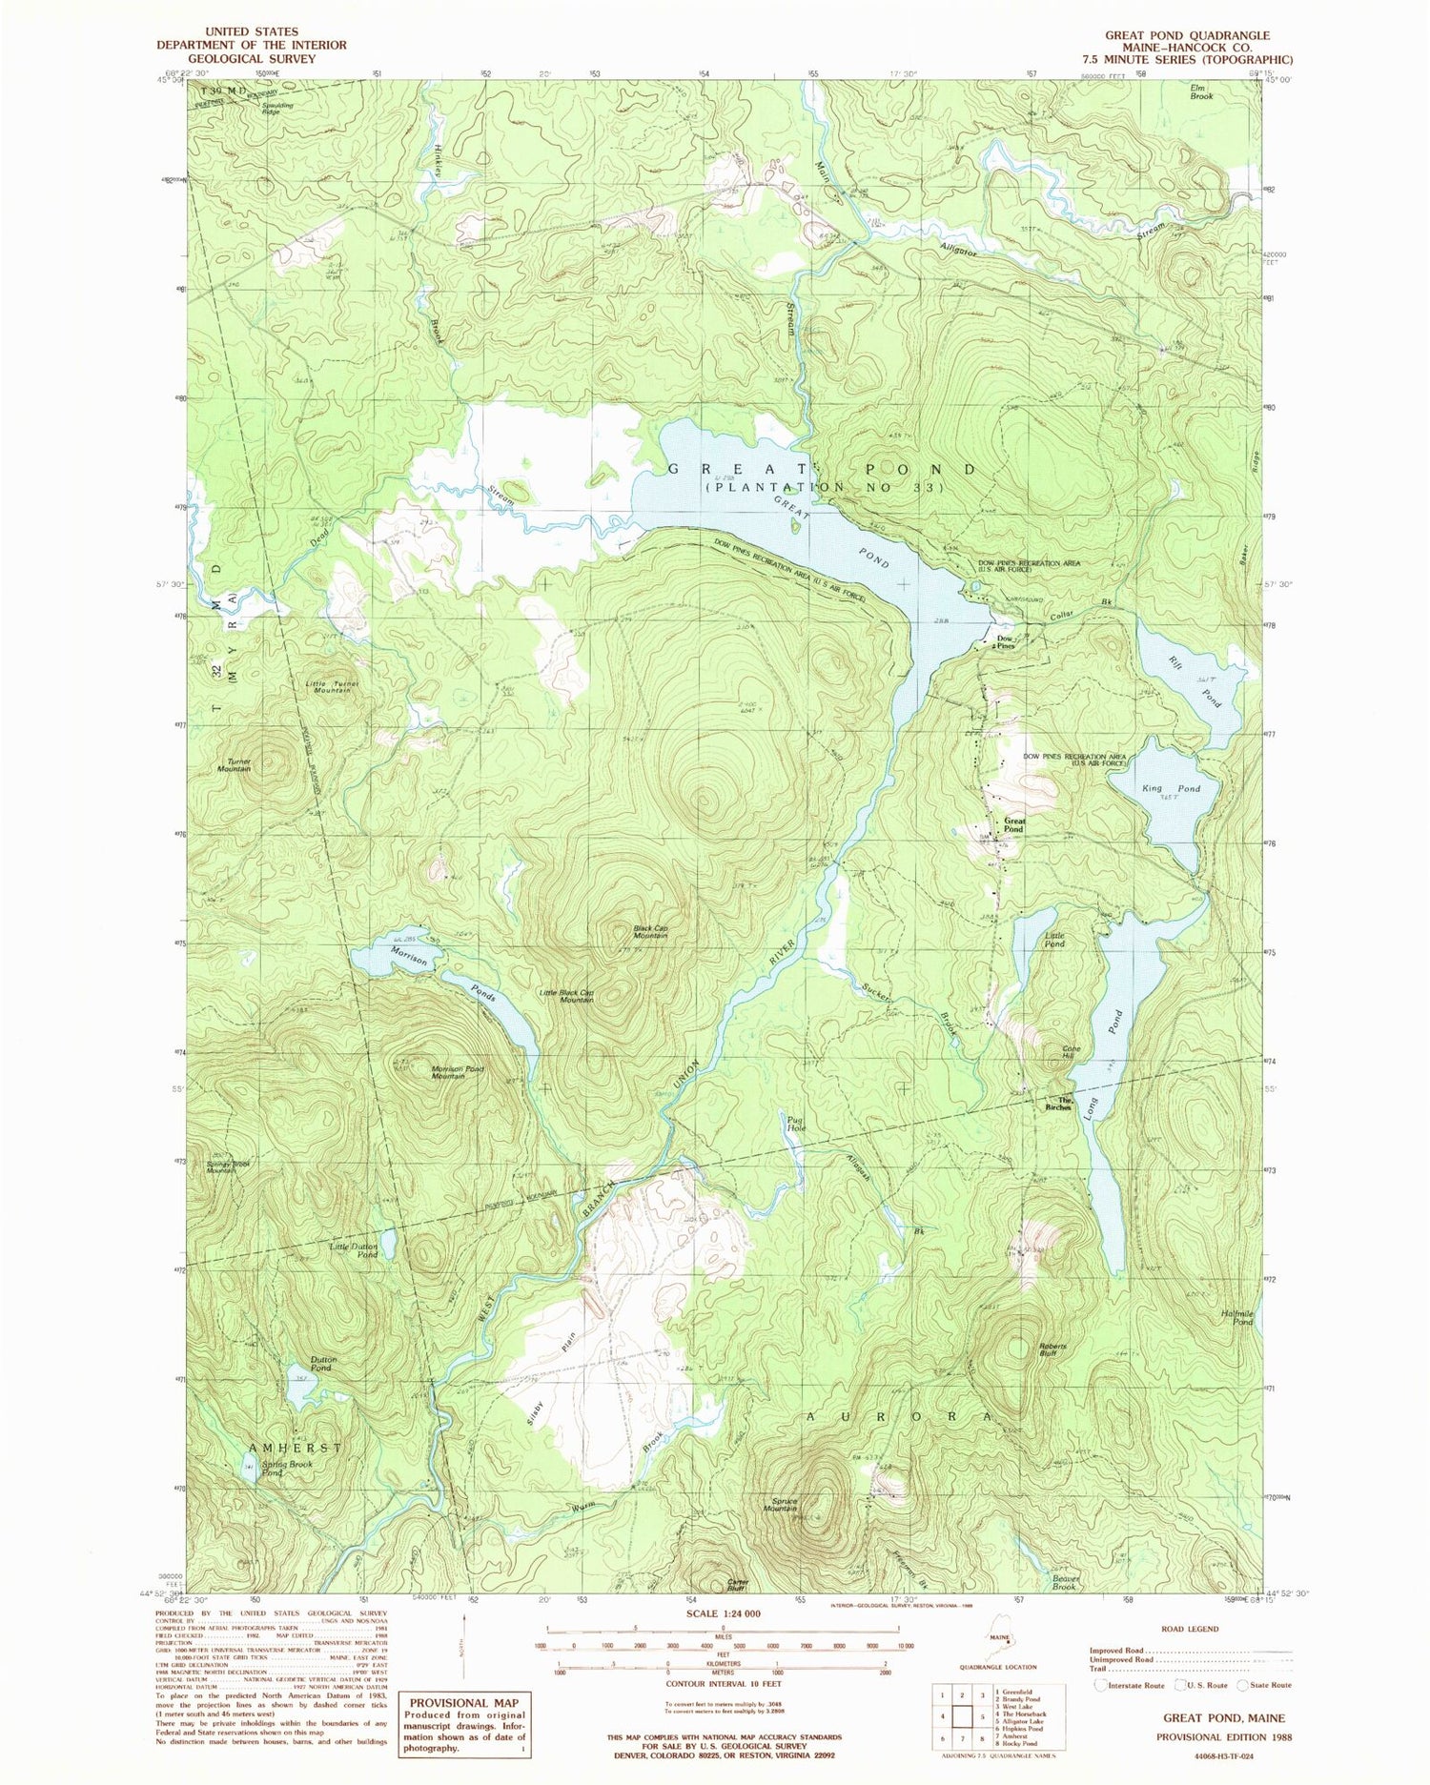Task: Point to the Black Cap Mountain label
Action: pyautogui.click(x=650, y=931)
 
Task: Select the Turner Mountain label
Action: pyautogui.click(x=232, y=764)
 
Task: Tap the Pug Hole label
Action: pyautogui.click(x=796, y=1124)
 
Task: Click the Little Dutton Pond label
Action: pyautogui.click(x=354, y=1249)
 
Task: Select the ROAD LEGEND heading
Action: pyautogui.click(x=1191, y=1629)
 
